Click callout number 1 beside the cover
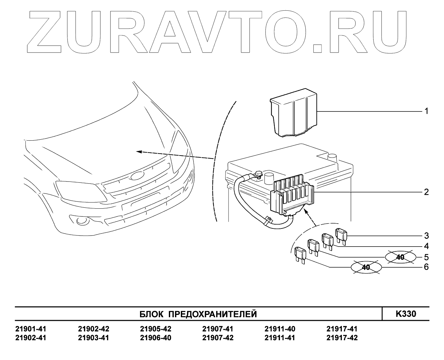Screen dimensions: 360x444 426,111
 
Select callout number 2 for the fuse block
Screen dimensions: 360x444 426,192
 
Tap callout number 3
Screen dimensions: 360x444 426,235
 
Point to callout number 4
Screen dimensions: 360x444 426,246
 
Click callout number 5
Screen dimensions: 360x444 426,257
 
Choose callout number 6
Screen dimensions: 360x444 426,267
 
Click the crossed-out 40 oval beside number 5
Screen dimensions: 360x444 401,257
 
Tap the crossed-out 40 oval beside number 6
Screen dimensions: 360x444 366,267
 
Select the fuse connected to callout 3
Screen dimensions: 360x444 341,235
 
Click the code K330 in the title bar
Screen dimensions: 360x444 406,314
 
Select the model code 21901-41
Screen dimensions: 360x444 31,329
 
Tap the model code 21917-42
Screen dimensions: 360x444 342,338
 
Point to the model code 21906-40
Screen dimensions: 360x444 156,338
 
